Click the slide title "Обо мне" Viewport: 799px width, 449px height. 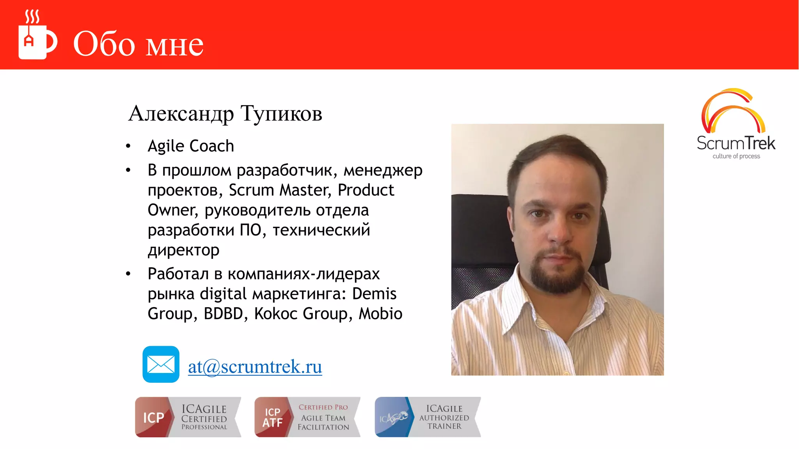[138, 44]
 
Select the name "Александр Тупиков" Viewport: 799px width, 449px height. [225, 113]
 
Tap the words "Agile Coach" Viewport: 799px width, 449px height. [191, 146]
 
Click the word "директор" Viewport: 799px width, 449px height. [183, 250]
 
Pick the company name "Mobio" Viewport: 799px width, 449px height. [380, 314]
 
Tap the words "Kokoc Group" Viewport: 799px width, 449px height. [300, 314]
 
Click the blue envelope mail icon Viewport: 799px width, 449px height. [161, 364]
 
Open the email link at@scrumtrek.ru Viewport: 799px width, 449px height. [255, 367]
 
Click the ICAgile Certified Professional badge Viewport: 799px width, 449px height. [188, 417]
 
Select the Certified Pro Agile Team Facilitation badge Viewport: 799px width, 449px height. [307, 417]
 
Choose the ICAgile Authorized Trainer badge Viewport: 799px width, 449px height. [428, 417]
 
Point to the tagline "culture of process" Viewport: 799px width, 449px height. [736, 156]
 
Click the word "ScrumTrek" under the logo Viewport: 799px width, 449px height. [736, 143]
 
